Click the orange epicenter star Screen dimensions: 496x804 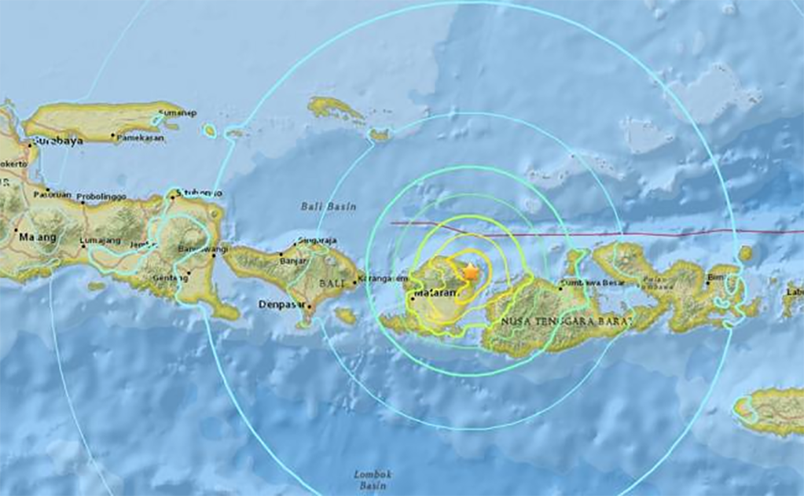coord(470,272)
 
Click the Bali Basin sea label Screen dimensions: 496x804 coord(328,207)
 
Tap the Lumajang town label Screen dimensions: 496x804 coord(98,242)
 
